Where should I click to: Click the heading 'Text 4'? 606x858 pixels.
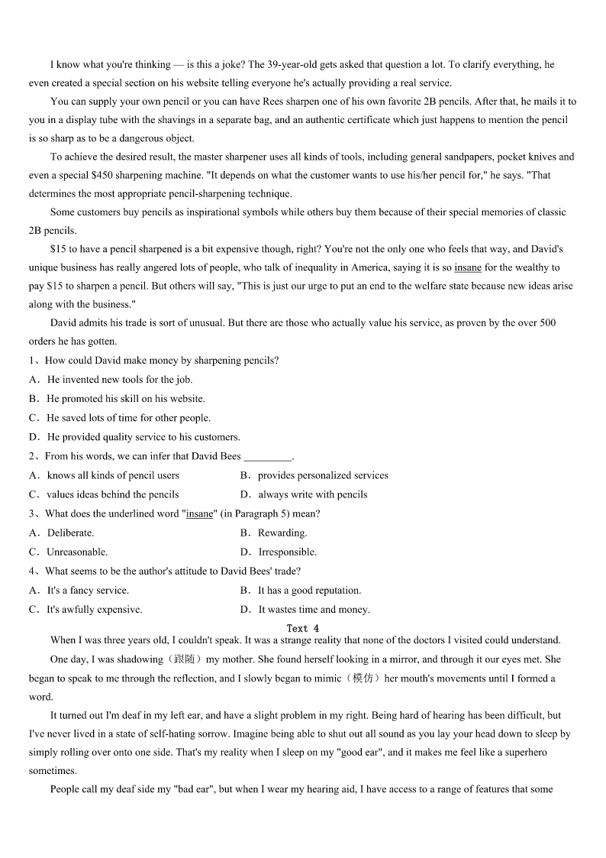click(x=302, y=628)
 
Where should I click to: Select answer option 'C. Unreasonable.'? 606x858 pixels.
click(x=68, y=552)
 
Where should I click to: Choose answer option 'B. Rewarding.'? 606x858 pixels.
click(x=273, y=533)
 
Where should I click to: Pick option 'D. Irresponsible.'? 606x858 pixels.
click(x=278, y=552)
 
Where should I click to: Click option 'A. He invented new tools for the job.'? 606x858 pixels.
click(x=111, y=379)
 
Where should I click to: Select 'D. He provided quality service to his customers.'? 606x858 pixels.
click(x=134, y=437)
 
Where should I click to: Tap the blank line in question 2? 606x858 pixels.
click(x=267, y=457)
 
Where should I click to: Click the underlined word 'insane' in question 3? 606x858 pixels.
click(x=200, y=513)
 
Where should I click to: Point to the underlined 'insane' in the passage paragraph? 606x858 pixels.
click(x=468, y=267)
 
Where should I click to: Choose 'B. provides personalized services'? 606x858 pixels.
click(x=314, y=475)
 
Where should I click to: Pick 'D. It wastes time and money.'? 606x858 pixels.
click(x=305, y=609)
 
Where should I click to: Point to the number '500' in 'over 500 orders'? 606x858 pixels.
click(x=547, y=323)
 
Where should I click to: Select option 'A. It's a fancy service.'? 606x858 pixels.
click(x=79, y=590)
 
